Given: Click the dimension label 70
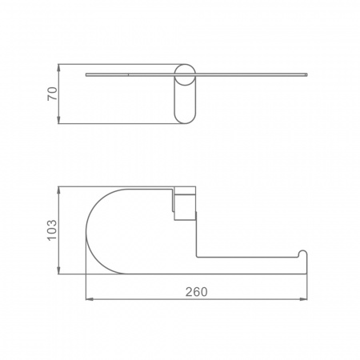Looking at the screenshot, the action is [x=52, y=94].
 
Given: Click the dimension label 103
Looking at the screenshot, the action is [x=52, y=230].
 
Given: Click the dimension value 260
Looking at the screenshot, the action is [x=197, y=292].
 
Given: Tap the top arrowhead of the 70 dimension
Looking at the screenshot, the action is [x=58, y=68].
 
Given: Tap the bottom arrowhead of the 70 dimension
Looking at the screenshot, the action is [x=58, y=120].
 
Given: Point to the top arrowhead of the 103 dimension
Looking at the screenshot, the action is [x=58, y=190].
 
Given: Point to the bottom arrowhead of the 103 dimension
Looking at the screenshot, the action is [x=58, y=270].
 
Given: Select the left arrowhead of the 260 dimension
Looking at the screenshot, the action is [x=90, y=299].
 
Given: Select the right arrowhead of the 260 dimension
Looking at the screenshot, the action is [x=303, y=299].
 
